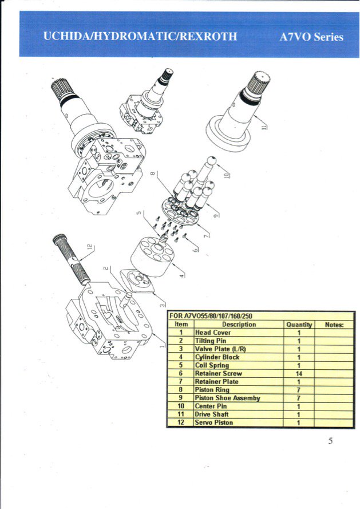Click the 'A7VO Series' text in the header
311,37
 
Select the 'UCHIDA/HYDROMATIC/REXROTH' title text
140,37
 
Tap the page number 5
330,440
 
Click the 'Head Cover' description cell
213,333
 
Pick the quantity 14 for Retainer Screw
299,373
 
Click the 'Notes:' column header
334,325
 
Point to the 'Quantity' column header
299,325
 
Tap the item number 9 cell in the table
181,398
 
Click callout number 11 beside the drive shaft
264,127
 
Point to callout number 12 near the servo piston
89,248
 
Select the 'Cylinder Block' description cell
217,357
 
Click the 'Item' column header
181,325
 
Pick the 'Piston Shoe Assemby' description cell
227,398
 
